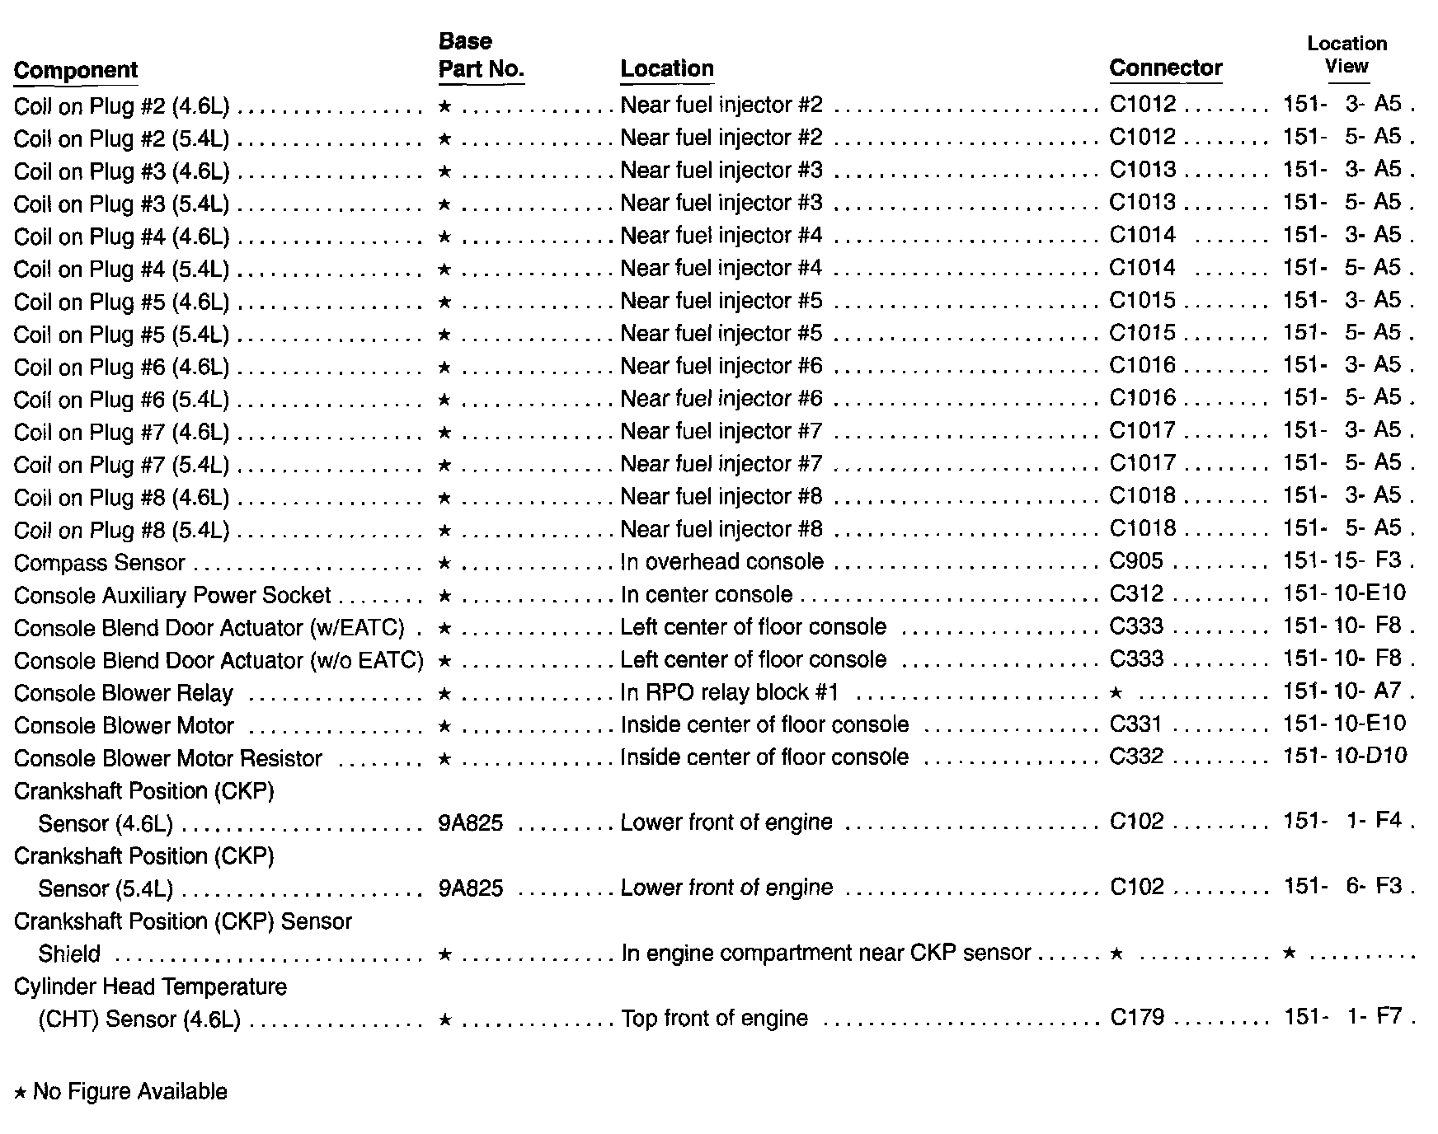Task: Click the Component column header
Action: point(76,70)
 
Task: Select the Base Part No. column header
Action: point(481,56)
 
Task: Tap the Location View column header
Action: point(1346,55)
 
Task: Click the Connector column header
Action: point(1165,68)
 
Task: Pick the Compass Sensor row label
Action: point(100,563)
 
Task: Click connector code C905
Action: point(1135,561)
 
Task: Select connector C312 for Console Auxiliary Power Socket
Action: point(1136,594)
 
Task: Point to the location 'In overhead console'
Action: point(721,562)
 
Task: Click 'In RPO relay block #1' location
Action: point(729,692)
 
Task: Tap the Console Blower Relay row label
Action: point(124,693)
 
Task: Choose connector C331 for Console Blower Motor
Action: point(1135,724)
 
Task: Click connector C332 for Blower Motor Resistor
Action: point(1136,757)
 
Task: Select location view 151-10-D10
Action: point(1345,757)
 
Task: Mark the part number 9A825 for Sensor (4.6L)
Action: point(470,823)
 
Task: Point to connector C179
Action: point(1137,1018)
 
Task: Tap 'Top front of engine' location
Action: point(714,1019)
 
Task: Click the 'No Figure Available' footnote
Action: point(121,1092)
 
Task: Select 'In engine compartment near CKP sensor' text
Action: point(825,954)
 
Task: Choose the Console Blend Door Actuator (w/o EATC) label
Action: point(219,661)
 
